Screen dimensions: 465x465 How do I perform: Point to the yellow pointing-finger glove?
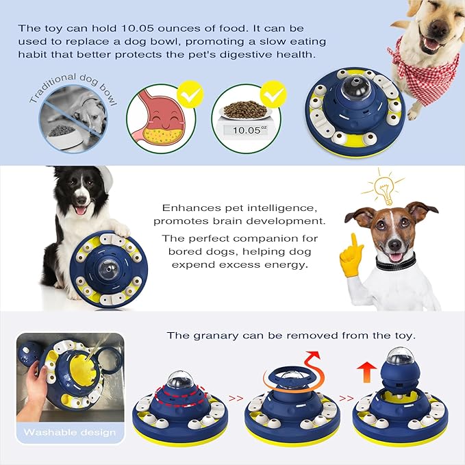tap(351, 257)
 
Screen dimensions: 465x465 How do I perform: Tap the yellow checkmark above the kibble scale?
tap(273, 91)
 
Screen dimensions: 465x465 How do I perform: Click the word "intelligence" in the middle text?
tap(293, 208)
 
